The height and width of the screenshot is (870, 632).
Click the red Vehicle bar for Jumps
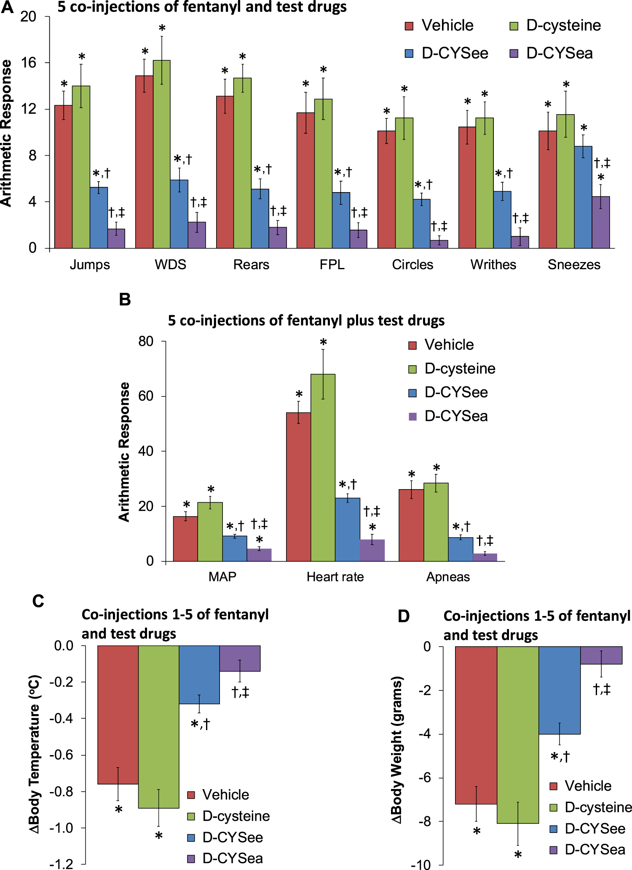pyautogui.click(x=63, y=177)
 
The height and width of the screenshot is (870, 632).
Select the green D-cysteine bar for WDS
pyautogui.click(x=162, y=154)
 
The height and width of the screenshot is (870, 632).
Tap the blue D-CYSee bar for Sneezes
pyautogui.click(x=583, y=197)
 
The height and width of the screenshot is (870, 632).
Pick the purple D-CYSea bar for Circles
pyautogui.click(x=439, y=244)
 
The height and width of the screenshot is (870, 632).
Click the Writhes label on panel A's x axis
pyautogui.click(x=493, y=265)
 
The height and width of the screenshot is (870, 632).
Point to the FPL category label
pyautogui.click(x=332, y=265)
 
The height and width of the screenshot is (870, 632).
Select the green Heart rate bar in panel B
pyautogui.click(x=323, y=468)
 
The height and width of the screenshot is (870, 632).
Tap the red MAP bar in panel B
pyautogui.click(x=185, y=539)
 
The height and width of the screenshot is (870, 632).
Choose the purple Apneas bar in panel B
pyautogui.click(x=485, y=557)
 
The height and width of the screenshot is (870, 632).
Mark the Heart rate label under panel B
pyautogui.click(x=335, y=577)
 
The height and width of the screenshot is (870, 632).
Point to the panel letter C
pyautogui.click(x=38, y=601)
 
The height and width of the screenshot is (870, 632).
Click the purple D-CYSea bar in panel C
pyautogui.click(x=240, y=659)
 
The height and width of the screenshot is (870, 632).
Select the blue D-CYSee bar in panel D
pyautogui.click(x=560, y=691)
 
